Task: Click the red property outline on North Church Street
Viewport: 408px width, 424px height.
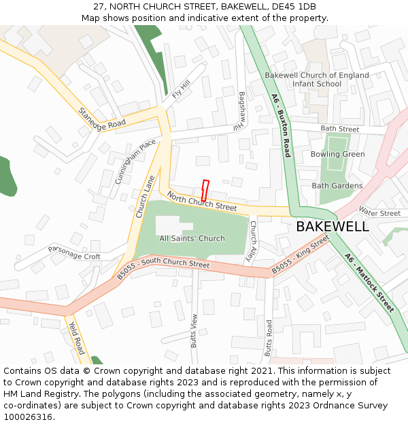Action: point(205,189)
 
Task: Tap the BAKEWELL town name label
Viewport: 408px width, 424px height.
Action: point(333,227)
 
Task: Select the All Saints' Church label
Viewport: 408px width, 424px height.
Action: point(192,238)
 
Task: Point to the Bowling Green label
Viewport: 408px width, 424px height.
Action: point(338,154)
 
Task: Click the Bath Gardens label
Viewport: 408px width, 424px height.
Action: point(337,185)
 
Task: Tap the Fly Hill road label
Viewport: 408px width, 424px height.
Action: point(181,89)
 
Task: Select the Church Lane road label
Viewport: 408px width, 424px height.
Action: point(145,196)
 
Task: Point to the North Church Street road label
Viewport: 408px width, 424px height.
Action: point(202,201)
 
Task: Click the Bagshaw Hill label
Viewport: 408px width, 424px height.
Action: point(240,111)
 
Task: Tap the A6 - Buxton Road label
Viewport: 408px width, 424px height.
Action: point(281,126)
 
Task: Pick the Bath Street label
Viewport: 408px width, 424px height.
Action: point(340,128)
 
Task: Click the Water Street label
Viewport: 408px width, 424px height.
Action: point(379,213)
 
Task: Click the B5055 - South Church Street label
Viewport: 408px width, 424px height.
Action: point(163,269)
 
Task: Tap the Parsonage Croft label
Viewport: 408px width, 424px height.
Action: point(74,252)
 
